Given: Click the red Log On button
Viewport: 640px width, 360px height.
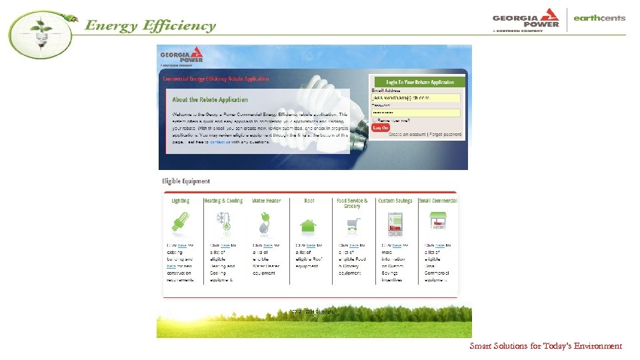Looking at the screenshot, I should (381, 127).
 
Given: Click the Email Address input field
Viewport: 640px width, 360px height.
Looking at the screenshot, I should (416, 98).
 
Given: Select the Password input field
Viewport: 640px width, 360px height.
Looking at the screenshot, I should (416, 113).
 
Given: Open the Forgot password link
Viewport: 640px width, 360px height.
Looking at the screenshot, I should (445, 135).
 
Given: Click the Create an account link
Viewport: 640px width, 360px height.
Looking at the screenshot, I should (408, 135).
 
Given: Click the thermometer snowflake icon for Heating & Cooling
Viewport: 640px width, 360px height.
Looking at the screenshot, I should (223, 222).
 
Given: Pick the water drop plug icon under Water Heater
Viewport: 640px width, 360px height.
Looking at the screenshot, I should (265, 223).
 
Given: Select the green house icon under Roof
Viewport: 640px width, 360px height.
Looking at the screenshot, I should (308, 225).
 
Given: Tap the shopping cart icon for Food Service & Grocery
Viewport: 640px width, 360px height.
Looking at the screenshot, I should (351, 224).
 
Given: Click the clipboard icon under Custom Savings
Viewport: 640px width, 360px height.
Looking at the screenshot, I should (395, 223).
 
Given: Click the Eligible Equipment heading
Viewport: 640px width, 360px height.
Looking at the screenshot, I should (186, 181).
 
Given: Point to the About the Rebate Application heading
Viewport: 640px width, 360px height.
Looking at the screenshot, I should (210, 100).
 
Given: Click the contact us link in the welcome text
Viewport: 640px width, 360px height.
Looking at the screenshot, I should (221, 142).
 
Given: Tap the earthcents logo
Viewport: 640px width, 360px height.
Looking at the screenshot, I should (599, 19).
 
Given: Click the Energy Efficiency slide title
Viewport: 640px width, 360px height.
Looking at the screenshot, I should (150, 27).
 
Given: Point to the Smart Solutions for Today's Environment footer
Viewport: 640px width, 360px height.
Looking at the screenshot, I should (545, 346).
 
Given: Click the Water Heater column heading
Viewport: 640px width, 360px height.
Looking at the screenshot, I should (266, 201).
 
